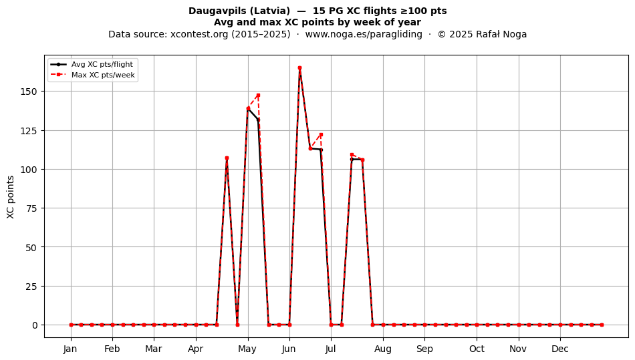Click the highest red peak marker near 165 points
pyautogui.click(x=299, y=68)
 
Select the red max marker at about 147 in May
pyautogui.click(x=259, y=96)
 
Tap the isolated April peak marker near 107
pyautogui.click(x=227, y=158)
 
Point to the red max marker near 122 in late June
pyautogui.click(x=321, y=135)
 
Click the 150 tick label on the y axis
pyautogui.click(x=29, y=92)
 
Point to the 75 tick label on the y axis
pyautogui.click(x=31, y=208)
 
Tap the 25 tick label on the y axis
pyautogui.click(x=31, y=287)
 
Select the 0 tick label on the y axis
pyautogui.click(x=35, y=325)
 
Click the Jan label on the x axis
pyautogui.click(x=70, y=349)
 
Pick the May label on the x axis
pyautogui.click(x=247, y=349)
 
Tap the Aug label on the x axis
pyautogui.click(x=383, y=349)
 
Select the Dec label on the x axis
pyautogui.click(x=560, y=349)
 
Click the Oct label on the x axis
pyautogui.click(x=477, y=349)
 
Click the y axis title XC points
pyautogui.click(x=11, y=197)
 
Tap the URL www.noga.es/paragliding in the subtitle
pyautogui.click(x=364, y=34)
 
